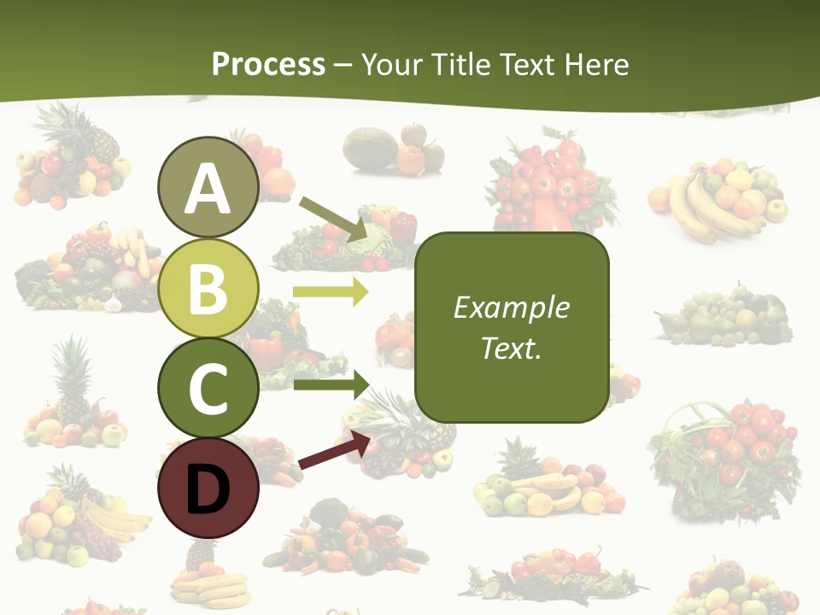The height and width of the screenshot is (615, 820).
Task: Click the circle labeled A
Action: (x=208, y=187)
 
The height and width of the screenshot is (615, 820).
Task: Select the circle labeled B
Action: (x=208, y=288)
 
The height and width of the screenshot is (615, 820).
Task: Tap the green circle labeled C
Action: (x=208, y=388)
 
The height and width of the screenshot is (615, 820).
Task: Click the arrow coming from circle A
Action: (x=334, y=218)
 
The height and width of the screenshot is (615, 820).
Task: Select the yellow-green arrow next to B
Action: (x=330, y=293)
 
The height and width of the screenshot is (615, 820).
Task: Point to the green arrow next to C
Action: (x=330, y=384)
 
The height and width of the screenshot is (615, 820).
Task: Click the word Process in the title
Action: (x=268, y=64)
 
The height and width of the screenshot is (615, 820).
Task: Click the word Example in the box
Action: (x=511, y=307)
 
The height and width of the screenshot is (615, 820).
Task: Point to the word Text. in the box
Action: (x=511, y=348)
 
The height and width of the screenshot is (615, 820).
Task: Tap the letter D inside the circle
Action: (x=208, y=490)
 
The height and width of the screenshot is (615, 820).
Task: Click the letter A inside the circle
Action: (x=208, y=189)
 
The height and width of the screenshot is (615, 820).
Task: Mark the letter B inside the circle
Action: (x=208, y=289)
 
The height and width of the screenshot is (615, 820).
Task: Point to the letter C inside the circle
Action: (x=208, y=389)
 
